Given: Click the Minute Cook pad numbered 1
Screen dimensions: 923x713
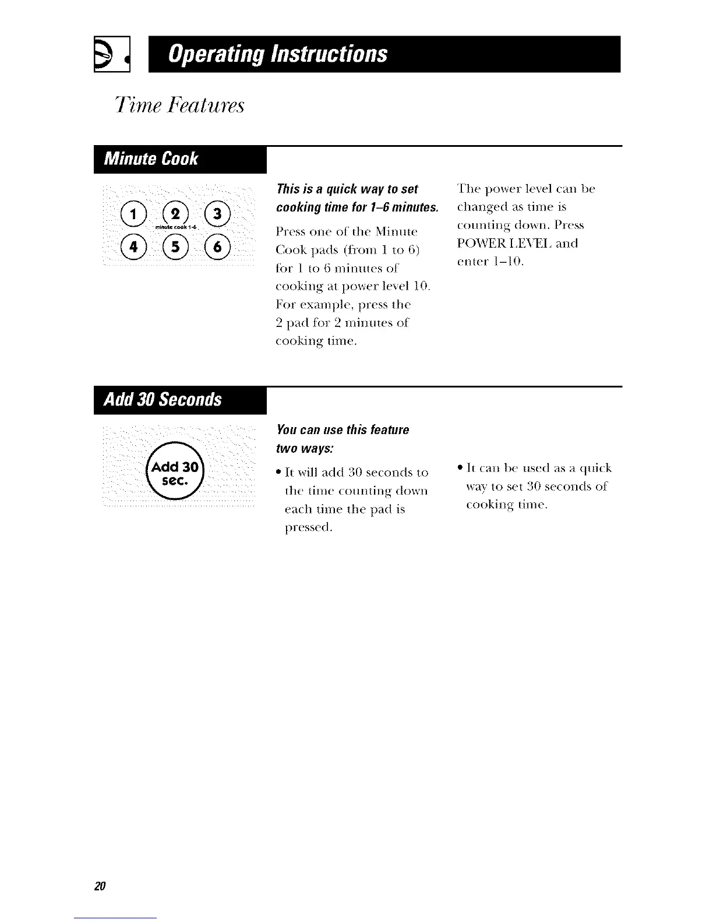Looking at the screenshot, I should [x=132, y=214].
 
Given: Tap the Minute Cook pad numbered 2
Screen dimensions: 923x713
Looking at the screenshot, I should [x=174, y=214].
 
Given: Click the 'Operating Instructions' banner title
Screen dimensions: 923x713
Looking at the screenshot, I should [x=278, y=54].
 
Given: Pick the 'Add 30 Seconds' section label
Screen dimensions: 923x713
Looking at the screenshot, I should [x=163, y=400].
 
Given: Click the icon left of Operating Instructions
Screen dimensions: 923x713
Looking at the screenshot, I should [x=111, y=54].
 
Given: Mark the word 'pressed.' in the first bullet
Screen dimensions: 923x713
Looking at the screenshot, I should [x=309, y=528].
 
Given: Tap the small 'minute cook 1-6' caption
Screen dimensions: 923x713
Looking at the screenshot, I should [x=174, y=227].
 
